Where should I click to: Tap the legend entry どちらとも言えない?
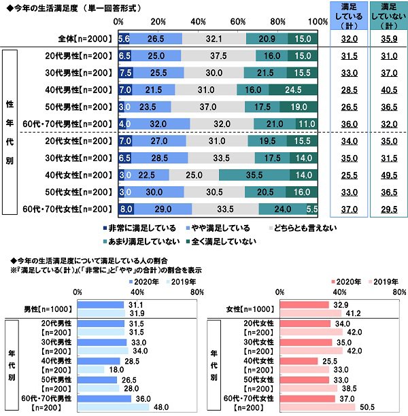coord(304,228)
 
